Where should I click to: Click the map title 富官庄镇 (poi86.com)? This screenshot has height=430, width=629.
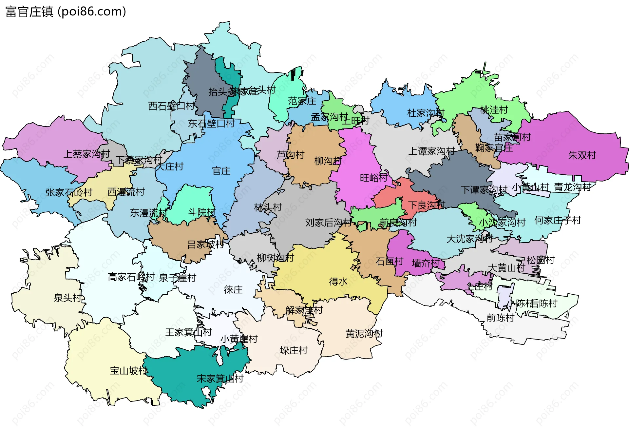pyautogui.click(x=66, y=11)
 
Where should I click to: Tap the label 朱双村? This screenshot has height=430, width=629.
pyautogui.click(x=582, y=155)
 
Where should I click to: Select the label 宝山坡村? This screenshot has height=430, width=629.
pyautogui.click(x=128, y=371)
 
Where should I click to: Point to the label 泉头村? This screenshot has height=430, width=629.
pyautogui.click(x=67, y=298)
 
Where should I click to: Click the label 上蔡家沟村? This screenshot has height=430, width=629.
pyautogui.click(x=86, y=154)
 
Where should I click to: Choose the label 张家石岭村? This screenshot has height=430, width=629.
pyautogui.click(x=69, y=192)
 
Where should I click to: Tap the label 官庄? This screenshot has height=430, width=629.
pyautogui.click(x=221, y=171)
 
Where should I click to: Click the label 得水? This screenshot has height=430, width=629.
pyautogui.click(x=338, y=281)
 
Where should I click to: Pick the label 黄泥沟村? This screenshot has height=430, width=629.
pyautogui.click(x=364, y=334)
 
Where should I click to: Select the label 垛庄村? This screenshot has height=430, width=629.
pyautogui.click(x=294, y=350)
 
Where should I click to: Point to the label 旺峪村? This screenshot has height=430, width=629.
pyautogui.click(x=373, y=178)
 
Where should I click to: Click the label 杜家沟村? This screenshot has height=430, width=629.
pyautogui.click(x=425, y=113)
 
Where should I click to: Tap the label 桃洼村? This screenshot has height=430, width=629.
pyautogui.click(x=494, y=110)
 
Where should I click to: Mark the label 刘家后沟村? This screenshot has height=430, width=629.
pyautogui.click(x=328, y=223)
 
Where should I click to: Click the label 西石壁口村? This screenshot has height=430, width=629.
pyautogui.click(x=171, y=106)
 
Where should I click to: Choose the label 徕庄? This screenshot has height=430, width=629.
pyautogui.click(x=233, y=289)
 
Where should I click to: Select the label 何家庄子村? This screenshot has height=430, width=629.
pyautogui.click(x=557, y=220)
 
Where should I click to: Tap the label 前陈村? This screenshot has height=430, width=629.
pyautogui.click(x=500, y=318)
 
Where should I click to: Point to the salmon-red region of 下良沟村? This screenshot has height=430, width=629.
pyautogui.click(x=390, y=197)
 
